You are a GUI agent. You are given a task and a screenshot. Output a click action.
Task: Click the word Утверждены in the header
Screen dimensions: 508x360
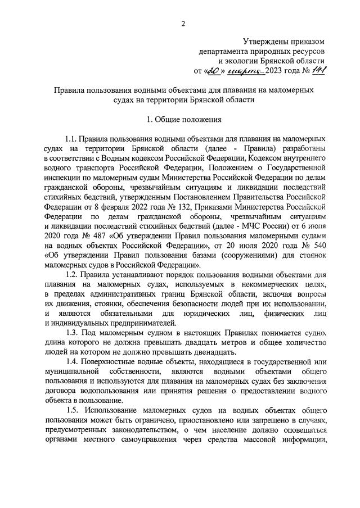[x=264, y=41]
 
